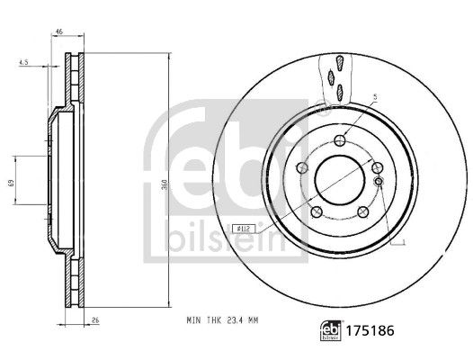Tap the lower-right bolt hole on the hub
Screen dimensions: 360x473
[x=363, y=212]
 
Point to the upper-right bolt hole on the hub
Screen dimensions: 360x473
[x=376, y=168]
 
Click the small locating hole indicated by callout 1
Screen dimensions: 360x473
[x=379, y=182]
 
